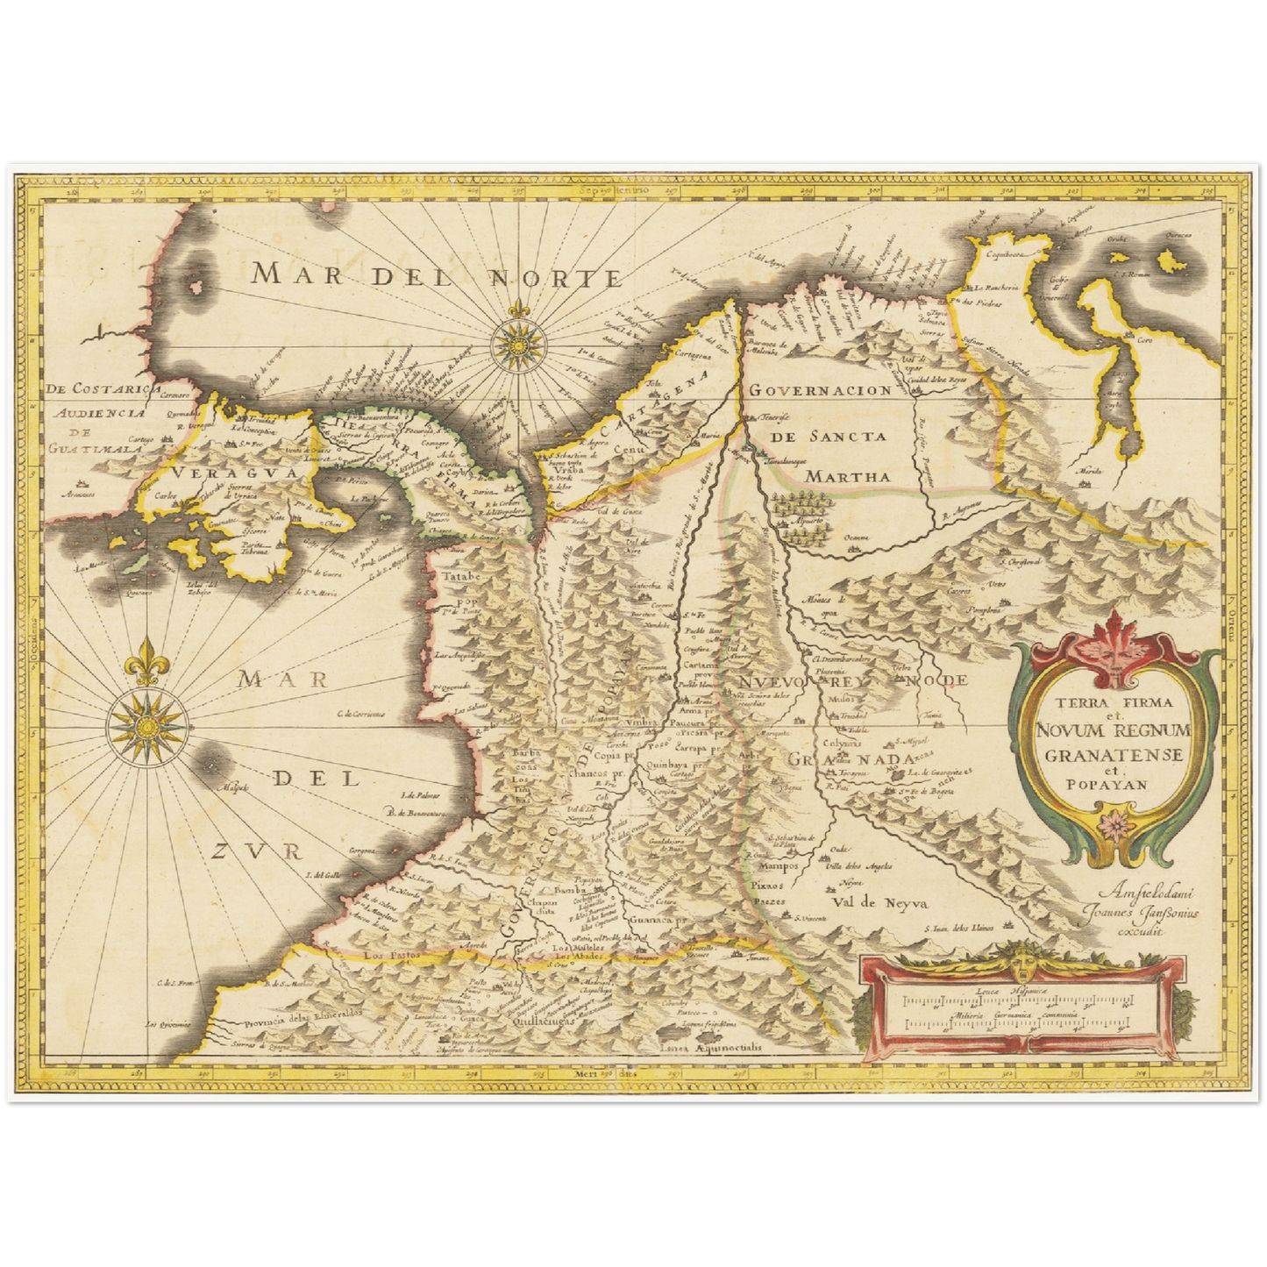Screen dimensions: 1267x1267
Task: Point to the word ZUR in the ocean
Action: pyautogui.click(x=258, y=850)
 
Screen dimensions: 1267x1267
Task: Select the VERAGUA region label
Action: pyautogui.click(x=208, y=473)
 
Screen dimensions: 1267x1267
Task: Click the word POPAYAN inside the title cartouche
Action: pyautogui.click(x=1114, y=785)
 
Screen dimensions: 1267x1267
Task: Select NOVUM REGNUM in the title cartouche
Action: pyautogui.click(x=1113, y=731)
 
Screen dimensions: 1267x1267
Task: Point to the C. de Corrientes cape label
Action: pyautogui.click(x=359, y=715)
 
